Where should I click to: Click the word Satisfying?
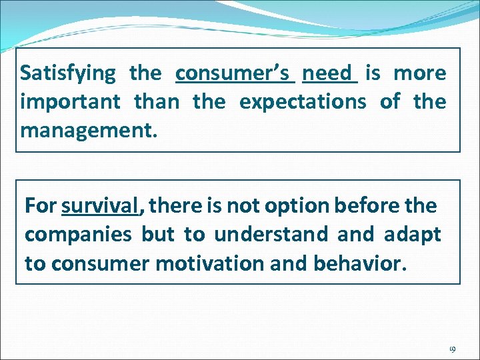(68, 73)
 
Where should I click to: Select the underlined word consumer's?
(235, 73)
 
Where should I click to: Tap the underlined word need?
(330, 73)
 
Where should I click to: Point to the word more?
(419, 73)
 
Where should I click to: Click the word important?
(71, 103)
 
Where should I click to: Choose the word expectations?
(303, 102)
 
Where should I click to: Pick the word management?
(89, 130)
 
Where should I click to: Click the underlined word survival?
(99, 206)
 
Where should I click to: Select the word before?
(365, 205)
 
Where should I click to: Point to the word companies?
(79, 235)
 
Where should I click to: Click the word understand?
(272, 235)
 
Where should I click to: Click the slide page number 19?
(451, 349)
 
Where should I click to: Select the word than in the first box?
(157, 102)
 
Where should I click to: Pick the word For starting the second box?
(41, 206)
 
